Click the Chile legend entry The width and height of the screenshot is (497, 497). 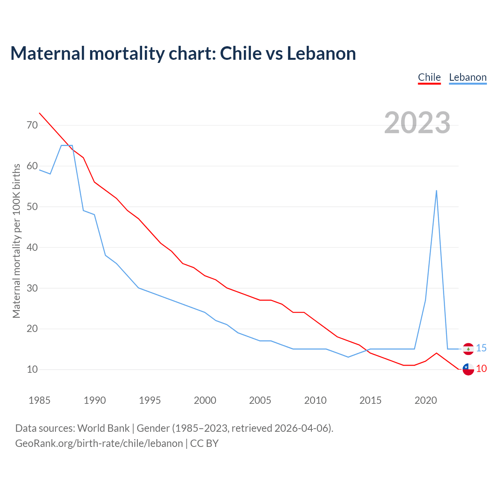click(429, 77)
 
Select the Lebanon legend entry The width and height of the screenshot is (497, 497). click(467, 77)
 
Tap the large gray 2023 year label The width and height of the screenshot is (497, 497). click(417, 123)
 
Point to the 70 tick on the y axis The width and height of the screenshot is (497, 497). click(32, 125)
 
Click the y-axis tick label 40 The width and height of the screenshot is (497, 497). click(32, 247)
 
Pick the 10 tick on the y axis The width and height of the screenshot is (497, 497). click(32, 369)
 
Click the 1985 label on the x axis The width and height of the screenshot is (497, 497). click(39, 400)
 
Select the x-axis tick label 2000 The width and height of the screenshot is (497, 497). click(205, 400)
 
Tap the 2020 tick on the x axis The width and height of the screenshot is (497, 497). click(426, 400)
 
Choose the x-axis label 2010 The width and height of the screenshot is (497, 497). click(315, 400)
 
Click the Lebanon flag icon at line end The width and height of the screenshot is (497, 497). click(468, 349)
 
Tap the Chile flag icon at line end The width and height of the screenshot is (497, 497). click(468, 369)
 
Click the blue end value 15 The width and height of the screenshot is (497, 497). click(481, 348)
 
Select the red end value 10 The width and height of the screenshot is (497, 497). click(481, 369)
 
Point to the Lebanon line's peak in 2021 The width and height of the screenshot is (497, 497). click(436, 191)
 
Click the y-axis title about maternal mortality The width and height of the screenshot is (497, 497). click(16, 241)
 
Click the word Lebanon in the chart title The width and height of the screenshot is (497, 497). click(321, 54)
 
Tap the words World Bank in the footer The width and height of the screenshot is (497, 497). click(103, 428)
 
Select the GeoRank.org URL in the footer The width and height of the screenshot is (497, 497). click(99, 443)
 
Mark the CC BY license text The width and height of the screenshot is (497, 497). click(204, 443)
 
